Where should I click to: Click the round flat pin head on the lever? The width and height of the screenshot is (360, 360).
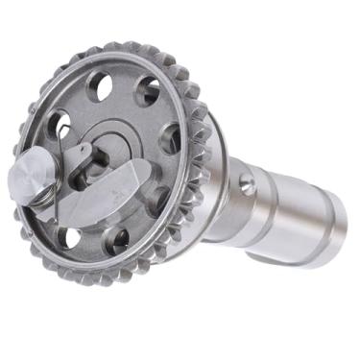click(x=30, y=175)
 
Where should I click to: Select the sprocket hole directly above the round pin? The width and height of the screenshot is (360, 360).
click(x=57, y=125)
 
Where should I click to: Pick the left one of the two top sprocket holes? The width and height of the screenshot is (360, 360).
click(x=99, y=86)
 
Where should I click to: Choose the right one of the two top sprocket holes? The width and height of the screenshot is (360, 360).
click(x=147, y=92)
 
